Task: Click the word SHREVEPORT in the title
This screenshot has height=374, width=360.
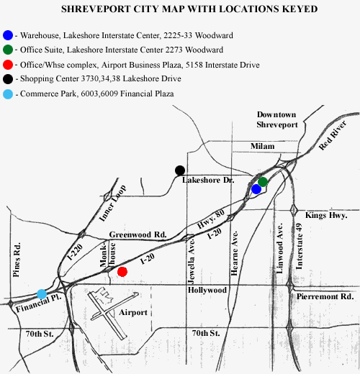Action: [x=96, y=9]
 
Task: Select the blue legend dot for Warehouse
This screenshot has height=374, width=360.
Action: [x=8, y=35]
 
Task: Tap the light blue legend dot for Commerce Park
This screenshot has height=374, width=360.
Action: [x=8, y=94]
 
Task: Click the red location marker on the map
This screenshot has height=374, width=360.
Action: [x=122, y=272]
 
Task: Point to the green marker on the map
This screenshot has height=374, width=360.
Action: [x=263, y=182]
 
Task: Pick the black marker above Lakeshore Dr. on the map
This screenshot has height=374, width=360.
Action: [x=180, y=170]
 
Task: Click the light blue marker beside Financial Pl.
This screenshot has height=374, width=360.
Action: [x=42, y=294]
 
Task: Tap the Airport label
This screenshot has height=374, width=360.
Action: [x=133, y=313]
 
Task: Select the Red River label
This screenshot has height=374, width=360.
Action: [x=333, y=135]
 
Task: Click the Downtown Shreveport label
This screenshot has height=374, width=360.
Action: [x=277, y=119]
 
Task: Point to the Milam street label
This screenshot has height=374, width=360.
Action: [x=263, y=146]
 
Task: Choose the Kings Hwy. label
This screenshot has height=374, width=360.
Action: [x=326, y=215]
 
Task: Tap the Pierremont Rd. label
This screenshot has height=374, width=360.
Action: [x=325, y=296]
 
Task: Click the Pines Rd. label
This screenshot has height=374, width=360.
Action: [x=17, y=260]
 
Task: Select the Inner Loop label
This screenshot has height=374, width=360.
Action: [x=112, y=203]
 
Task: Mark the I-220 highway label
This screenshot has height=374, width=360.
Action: [x=75, y=252]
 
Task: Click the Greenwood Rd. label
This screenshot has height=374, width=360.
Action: [x=138, y=234]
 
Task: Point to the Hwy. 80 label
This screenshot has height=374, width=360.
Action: [x=211, y=219]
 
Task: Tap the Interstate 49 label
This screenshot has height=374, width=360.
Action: [x=299, y=247]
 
